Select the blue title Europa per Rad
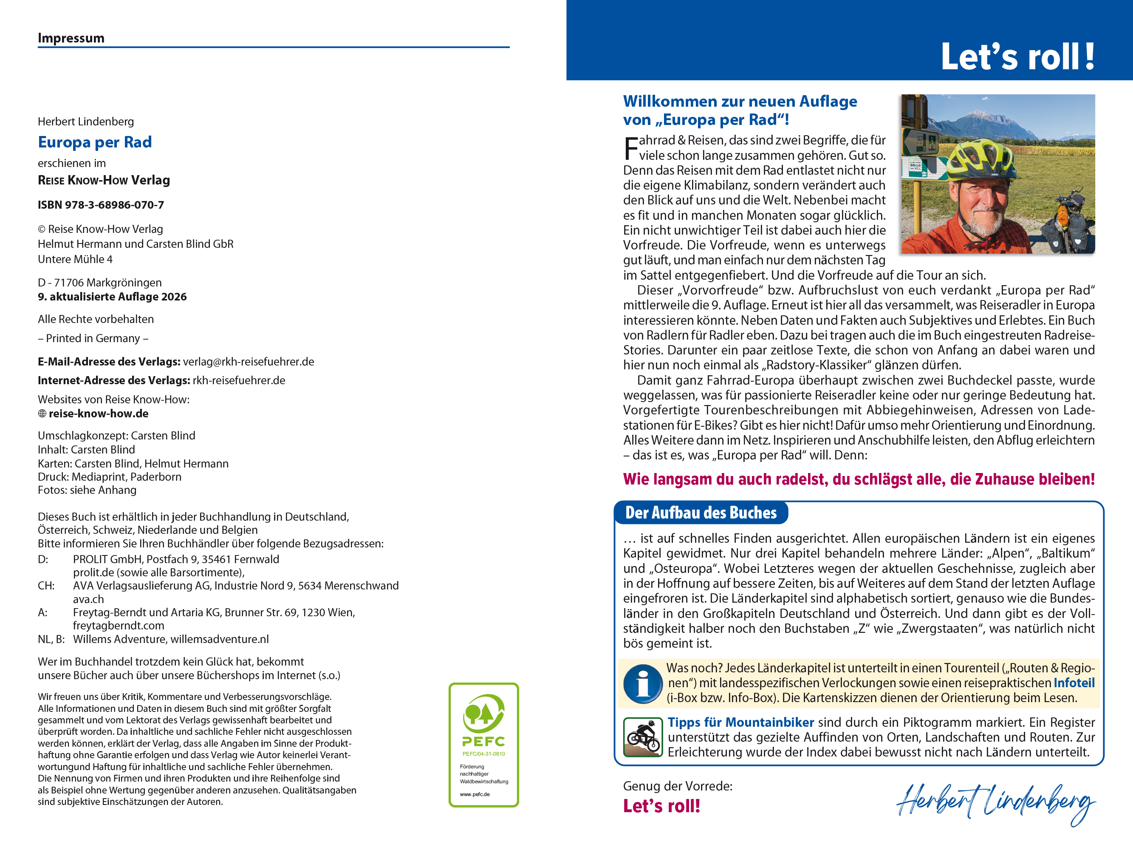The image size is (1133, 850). tap(95, 142)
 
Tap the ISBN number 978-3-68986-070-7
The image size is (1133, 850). tap(114, 205)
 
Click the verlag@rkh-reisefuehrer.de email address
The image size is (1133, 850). tap(249, 362)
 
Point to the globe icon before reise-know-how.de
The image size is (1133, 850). tap(42, 414)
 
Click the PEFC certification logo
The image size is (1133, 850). tap(483, 745)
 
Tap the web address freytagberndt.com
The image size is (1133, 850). tap(119, 626)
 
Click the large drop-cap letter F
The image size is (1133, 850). tap(631, 149)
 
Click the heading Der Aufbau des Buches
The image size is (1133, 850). tap(701, 513)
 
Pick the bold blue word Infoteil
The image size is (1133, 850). tap(1074, 683)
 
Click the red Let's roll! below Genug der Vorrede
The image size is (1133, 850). tap(661, 806)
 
